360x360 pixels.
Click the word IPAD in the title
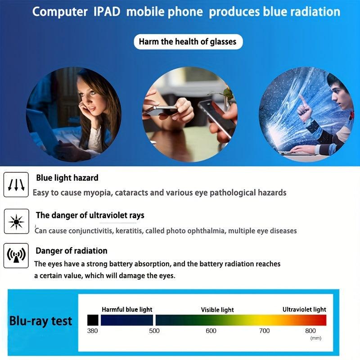(107, 12)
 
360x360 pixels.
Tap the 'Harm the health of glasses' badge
(188, 41)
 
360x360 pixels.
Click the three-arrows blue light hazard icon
(16, 184)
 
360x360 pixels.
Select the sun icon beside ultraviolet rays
(16, 221)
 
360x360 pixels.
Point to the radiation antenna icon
(16, 256)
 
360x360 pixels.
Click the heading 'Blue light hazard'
(67, 178)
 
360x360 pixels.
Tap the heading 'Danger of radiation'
(72, 251)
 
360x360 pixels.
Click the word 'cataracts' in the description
(131, 193)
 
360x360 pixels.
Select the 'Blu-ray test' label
(40, 321)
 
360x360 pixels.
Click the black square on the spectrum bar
(93, 320)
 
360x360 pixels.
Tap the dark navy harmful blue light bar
(127, 320)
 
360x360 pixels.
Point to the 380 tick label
(92, 331)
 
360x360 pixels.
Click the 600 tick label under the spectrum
(211, 331)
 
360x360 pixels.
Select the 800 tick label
(310, 331)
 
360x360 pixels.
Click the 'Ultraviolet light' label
(304, 310)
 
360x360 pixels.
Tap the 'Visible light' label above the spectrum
(217, 310)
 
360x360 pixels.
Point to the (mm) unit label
(316, 338)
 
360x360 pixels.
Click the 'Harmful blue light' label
(127, 310)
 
